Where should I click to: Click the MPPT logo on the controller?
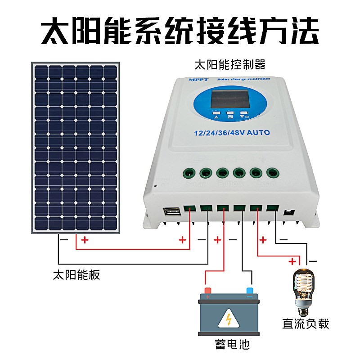(197, 79)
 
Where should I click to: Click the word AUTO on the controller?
(257, 132)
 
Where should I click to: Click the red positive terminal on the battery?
(207, 290)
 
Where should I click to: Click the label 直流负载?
(306, 323)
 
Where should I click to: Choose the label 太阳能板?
(76, 274)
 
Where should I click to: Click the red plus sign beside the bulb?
(292, 261)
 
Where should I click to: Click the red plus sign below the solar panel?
(85, 240)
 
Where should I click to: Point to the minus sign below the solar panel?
(64, 240)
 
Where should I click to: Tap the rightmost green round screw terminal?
(272, 172)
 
